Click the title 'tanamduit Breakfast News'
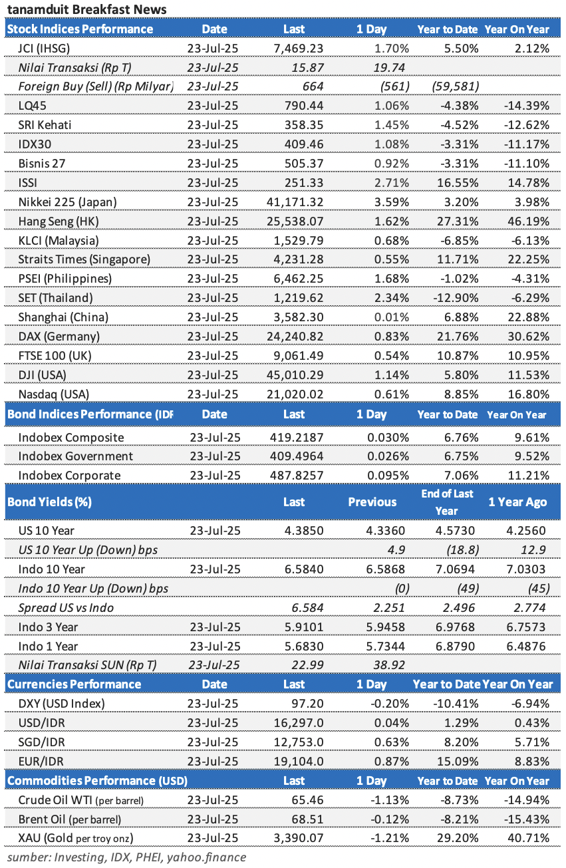[x=86, y=9]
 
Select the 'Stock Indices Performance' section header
[x=80, y=29]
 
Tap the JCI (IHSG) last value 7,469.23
[x=299, y=49]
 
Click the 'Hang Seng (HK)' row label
[x=59, y=221]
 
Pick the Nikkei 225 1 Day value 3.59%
[x=391, y=202]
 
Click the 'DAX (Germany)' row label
[x=59, y=337]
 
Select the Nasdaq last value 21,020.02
[x=295, y=394]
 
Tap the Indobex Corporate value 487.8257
[x=297, y=476]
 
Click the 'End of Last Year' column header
[x=447, y=502]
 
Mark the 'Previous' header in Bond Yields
[x=372, y=502]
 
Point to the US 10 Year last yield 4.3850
[x=304, y=531]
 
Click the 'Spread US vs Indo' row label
[x=66, y=608]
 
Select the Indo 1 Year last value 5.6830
[x=304, y=647]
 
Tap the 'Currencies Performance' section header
[x=74, y=684]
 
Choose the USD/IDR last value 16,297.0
[x=299, y=723]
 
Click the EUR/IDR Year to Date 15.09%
[x=458, y=762]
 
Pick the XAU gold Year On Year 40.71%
[x=528, y=839]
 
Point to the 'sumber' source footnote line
[x=126, y=857]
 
